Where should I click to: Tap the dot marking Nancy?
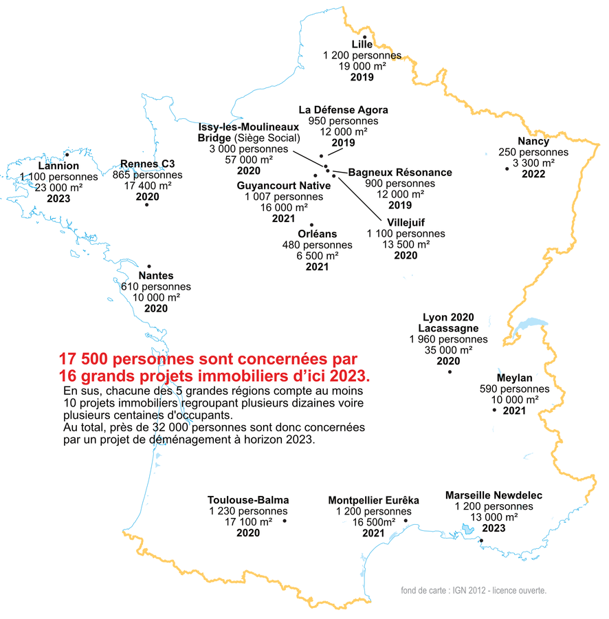click(507, 168)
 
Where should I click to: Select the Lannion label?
click(58, 166)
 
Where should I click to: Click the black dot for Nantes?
click(151, 266)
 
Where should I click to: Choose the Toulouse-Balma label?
click(248, 500)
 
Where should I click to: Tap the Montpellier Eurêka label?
click(373, 500)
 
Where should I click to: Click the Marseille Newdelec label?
click(494, 495)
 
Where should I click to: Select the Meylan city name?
click(514, 378)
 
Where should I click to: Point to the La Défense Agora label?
click(344, 110)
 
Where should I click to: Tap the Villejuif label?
click(406, 223)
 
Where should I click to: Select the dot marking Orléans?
click(312, 225)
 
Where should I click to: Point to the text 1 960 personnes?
click(448, 339)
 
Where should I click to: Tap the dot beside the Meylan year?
click(494, 410)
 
